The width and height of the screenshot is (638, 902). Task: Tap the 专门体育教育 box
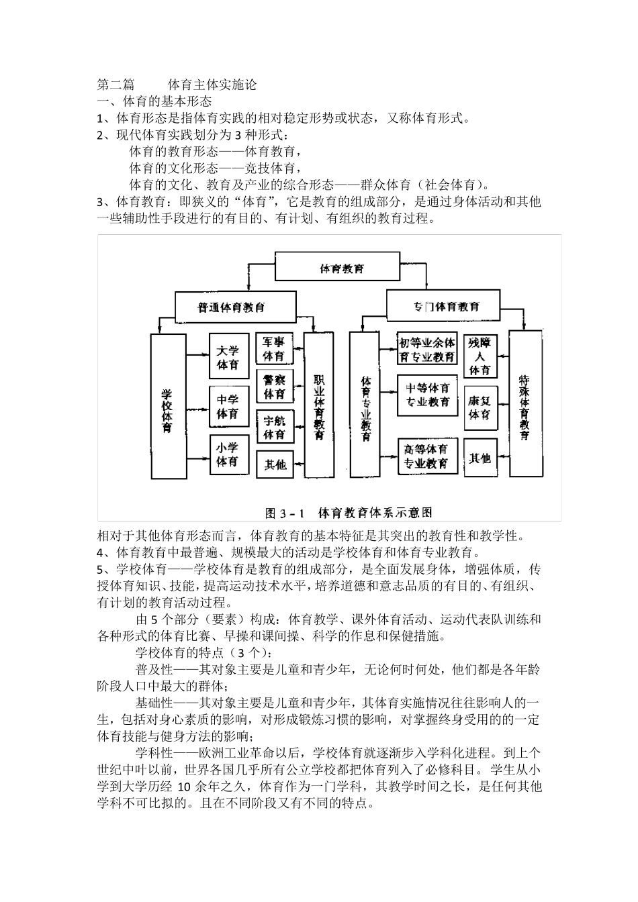[443, 307]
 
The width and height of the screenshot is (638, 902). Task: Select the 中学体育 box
[228, 407]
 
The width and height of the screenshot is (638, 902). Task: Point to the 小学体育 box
[228, 454]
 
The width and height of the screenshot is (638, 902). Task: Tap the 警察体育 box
[275, 387]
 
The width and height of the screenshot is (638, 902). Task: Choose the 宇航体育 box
[275, 427]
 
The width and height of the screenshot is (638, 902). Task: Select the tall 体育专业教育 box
[366, 407]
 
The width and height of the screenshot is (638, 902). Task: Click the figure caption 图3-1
[285, 513]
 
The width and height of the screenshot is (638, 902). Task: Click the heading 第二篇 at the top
[116, 85]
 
